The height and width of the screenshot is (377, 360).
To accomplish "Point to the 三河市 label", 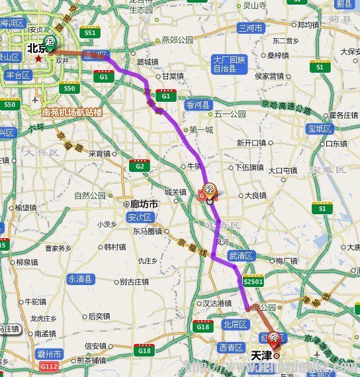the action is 251,28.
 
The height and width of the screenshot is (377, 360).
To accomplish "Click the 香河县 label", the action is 197,105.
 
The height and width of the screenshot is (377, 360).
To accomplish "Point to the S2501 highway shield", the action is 253,281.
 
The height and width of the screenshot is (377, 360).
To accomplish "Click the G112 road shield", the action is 49,365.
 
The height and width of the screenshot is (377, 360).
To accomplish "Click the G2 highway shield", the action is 140,165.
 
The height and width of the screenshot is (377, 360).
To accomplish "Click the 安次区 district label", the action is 140,218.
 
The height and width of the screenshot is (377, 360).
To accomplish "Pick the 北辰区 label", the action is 234,325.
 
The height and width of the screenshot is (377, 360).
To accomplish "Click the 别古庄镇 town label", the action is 134,282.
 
